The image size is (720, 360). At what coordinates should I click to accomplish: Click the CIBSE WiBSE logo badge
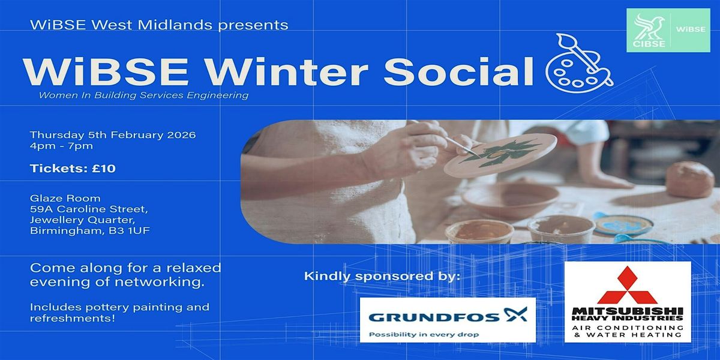click(668, 30)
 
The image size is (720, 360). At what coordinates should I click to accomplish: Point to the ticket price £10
click(103, 169)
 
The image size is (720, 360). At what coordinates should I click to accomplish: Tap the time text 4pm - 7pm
click(61, 146)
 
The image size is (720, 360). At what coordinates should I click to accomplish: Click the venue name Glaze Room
click(65, 199)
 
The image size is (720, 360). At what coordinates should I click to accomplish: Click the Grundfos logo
click(448, 320)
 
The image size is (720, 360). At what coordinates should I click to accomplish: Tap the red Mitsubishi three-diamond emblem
click(628, 286)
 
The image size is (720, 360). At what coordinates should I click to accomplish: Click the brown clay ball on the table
click(690, 179)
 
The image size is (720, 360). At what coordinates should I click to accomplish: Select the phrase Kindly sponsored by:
click(382, 276)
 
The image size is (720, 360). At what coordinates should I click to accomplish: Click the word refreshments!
click(73, 318)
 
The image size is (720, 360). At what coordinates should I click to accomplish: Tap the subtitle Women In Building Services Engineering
click(143, 95)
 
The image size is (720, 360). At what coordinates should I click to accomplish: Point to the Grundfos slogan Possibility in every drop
click(424, 335)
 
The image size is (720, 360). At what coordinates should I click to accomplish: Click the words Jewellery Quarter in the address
click(83, 220)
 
